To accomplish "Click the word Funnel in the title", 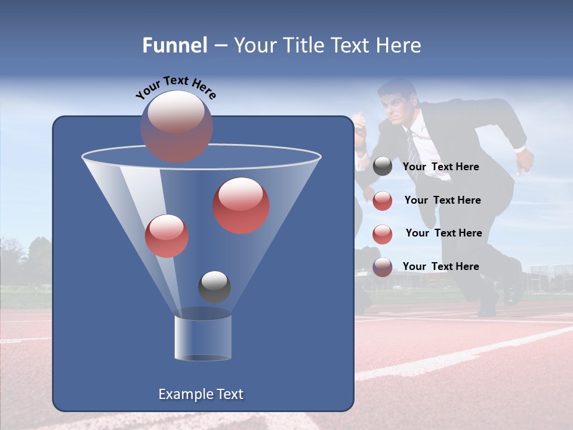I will click(x=174, y=45).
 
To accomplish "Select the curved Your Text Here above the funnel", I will click(x=175, y=88).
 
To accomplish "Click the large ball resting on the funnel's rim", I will click(x=177, y=126).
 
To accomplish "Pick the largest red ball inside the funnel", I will click(x=241, y=205).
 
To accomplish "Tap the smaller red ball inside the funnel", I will click(x=167, y=236).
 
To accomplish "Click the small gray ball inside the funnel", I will click(x=214, y=287).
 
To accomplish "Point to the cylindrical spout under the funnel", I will click(x=203, y=337).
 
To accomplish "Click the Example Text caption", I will click(x=201, y=394).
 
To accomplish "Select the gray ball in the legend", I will click(x=383, y=167).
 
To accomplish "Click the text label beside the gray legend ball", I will click(x=441, y=167).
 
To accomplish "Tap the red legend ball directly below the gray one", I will click(x=383, y=201).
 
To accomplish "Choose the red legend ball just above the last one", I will click(x=383, y=234).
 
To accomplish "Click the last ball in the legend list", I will click(x=383, y=267).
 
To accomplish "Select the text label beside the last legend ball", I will click(x=441, y=266).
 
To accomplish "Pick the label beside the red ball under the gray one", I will click(x=442, y=200).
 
